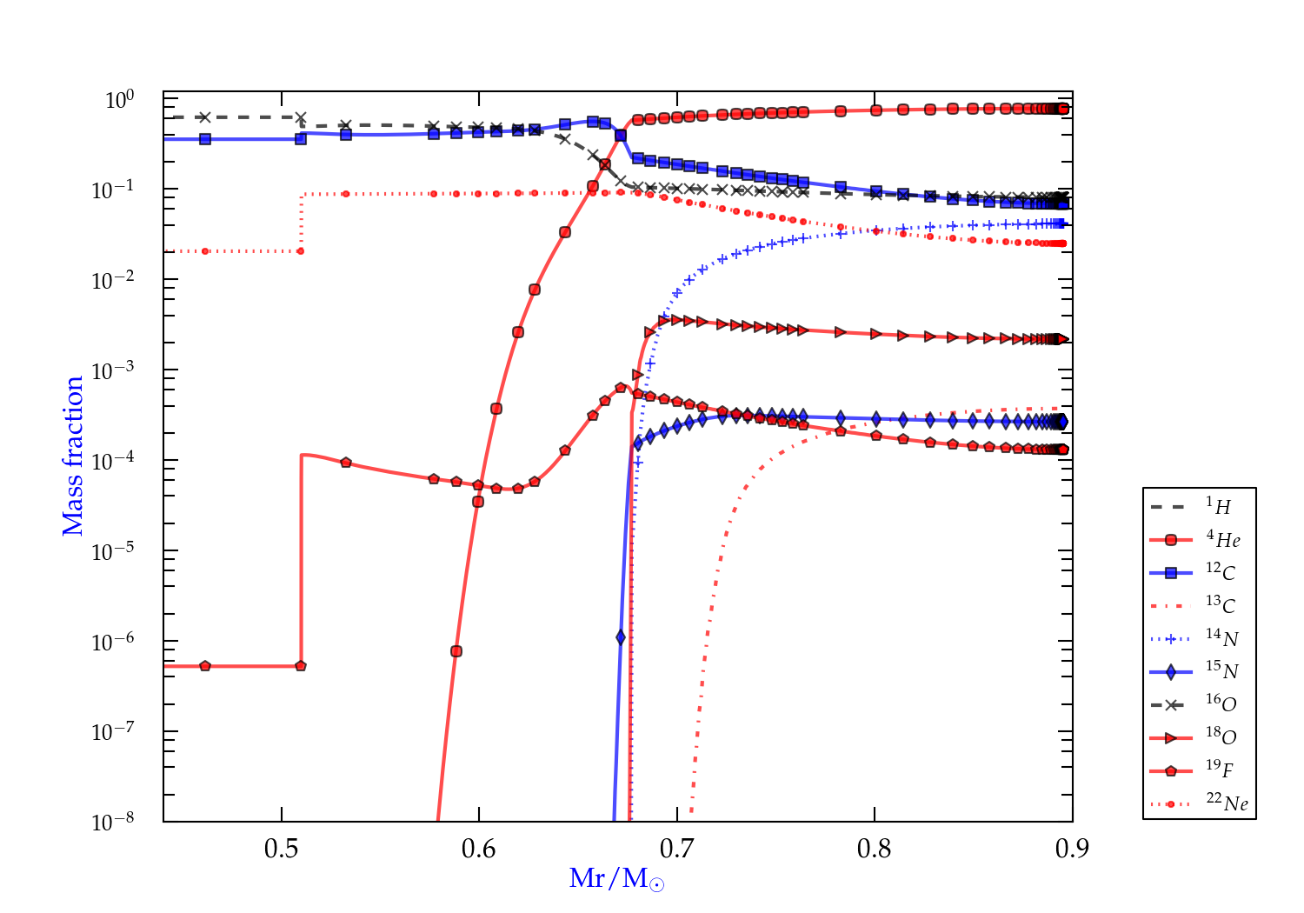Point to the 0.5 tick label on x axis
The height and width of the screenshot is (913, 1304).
(281, 849)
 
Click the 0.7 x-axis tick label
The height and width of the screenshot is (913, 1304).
(676, 849)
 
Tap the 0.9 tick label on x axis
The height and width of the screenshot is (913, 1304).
(1072, 849)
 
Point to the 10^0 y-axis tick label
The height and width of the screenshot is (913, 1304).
(119, 100)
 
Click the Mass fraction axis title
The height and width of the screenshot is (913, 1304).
(72, 456)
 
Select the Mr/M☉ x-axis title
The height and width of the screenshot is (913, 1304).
(616, 879)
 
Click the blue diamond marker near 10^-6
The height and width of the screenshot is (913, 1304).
(621, 637)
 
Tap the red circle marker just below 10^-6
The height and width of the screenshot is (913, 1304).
(456, 651)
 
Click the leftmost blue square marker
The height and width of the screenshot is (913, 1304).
(205, 139)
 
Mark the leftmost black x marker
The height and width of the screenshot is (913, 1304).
(205, 117)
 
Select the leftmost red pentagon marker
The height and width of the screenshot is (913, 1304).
(205, 666)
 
